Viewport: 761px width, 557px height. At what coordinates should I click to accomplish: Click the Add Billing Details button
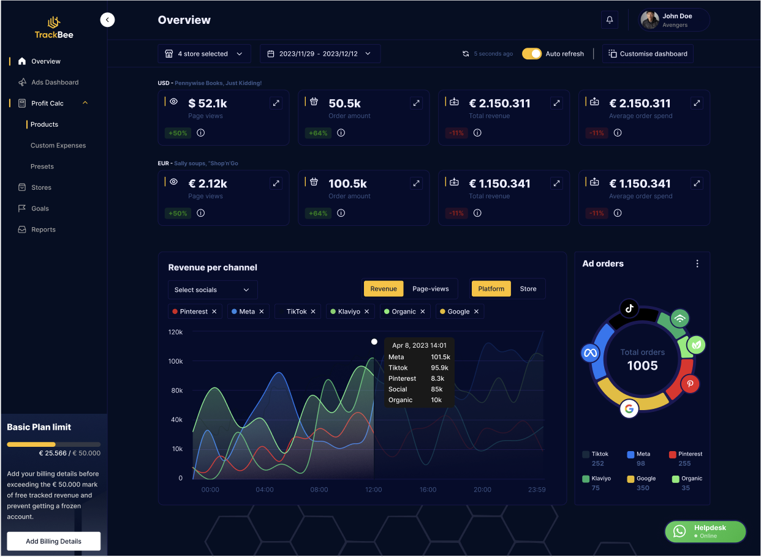[x=54, y=541]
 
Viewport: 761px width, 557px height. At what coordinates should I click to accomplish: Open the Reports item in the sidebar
[x=43, y=230]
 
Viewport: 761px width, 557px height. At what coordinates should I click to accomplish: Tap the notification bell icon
[x=609, y=20]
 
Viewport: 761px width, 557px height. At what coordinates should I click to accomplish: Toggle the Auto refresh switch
[x=532, y=54]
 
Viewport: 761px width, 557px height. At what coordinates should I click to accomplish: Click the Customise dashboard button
[x=648, y=54]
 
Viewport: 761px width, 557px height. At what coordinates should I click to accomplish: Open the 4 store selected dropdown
[x=204, y=54]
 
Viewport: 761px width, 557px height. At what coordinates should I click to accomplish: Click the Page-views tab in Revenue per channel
[x=430, y=289]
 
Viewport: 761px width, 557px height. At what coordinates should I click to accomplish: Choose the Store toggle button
[x=528, y=289]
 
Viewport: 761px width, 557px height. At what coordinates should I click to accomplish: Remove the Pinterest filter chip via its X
[x=214, y=312]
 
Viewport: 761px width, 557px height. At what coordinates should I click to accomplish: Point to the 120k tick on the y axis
[x=176, y=332]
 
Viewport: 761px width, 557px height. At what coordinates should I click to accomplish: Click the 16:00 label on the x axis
[x=428, y=490]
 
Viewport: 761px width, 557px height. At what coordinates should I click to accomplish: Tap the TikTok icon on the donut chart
[x=629, y=308]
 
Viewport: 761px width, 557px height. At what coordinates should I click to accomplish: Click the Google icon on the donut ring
[x=629, y=408]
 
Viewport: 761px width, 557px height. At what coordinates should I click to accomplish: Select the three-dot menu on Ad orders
[x=697, y=264]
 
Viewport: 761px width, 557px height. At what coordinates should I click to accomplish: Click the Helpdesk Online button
[x=705, y=531]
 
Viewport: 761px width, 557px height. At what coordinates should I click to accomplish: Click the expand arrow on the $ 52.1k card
[x=276, y=103]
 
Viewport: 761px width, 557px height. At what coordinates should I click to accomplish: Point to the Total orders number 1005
[x=642, y=366]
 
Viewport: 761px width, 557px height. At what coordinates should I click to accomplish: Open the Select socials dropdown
[x=213, y=290]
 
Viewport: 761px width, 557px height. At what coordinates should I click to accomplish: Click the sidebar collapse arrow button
[x=107, y=20]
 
